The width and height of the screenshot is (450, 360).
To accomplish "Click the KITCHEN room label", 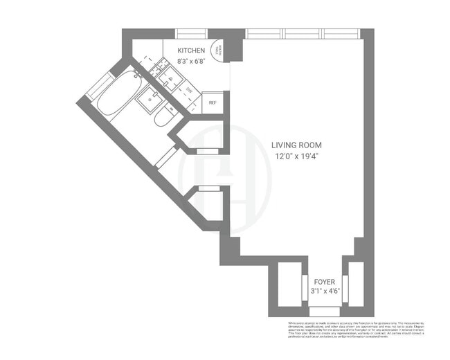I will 191,51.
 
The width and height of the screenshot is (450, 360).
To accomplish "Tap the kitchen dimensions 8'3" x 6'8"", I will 191,61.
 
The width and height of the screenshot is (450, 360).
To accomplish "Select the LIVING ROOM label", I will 296,145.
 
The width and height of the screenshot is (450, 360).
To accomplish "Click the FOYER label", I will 325,282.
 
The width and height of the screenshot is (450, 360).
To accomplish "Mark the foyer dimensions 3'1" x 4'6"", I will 325,292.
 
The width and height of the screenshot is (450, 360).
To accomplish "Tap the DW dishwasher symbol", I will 188,90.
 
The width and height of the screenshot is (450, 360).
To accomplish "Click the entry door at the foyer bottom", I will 325,312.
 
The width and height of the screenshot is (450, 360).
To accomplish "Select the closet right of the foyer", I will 357,282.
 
